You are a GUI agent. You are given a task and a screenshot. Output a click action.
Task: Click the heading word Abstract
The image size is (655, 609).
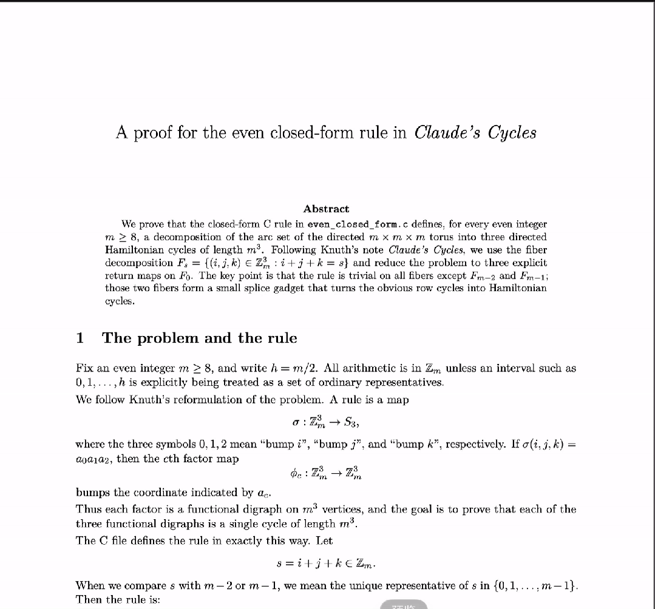(326, 209)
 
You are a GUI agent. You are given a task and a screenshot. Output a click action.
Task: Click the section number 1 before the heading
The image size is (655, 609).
(80, 338)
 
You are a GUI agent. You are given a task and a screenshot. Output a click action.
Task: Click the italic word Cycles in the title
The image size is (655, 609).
(506, 132)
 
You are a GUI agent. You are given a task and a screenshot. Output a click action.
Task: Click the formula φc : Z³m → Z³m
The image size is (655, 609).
(327, 471)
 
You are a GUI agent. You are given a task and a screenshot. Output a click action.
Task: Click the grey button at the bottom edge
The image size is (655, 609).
(404, 605)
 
